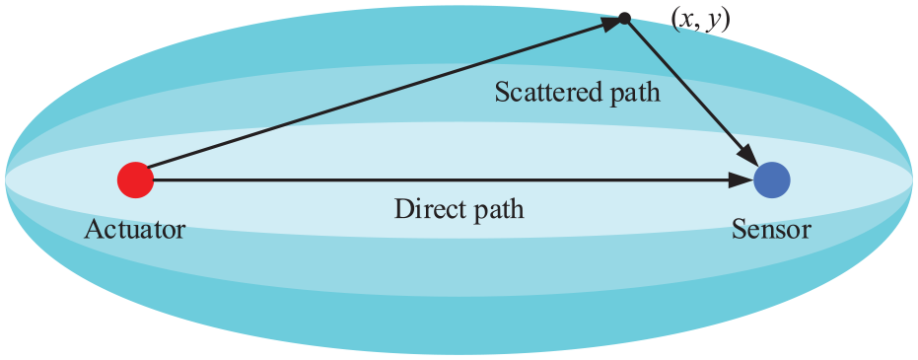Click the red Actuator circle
tap(135, 180)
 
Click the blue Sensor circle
tap(772, 180)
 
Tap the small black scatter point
tap(625, 19)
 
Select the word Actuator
tap(134, 230)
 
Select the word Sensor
tap(771, 230)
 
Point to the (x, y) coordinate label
tap(701, 21)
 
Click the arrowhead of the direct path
tap(742, 180)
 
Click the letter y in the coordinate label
tap(715, 24)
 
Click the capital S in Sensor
tap(739, 230)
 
